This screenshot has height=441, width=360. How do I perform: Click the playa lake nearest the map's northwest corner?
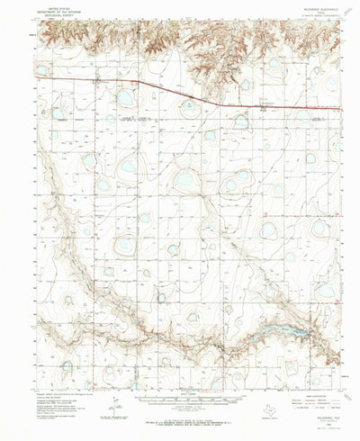[x=40, y=68]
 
